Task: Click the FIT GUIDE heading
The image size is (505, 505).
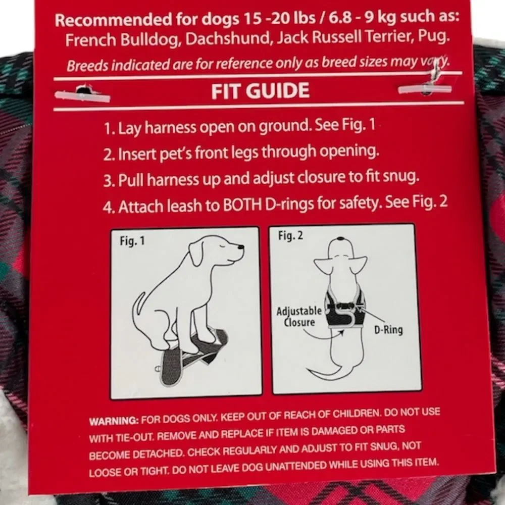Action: tap(260, 90)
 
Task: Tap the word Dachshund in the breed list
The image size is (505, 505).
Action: tap(228, 39)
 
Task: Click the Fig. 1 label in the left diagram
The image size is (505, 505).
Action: tap(132, 240)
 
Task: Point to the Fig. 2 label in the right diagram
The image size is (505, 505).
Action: tap(290, 235)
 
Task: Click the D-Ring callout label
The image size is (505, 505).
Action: tap(388, 330)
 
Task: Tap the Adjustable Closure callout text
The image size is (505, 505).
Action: tap(299, 317)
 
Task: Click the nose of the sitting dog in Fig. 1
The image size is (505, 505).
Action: tap(240, 247)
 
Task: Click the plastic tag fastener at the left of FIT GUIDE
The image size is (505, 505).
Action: tap(82, 94)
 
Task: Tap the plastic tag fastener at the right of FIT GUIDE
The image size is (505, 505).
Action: tap(425, 88)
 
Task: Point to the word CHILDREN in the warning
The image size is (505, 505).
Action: tap(356, 413)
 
